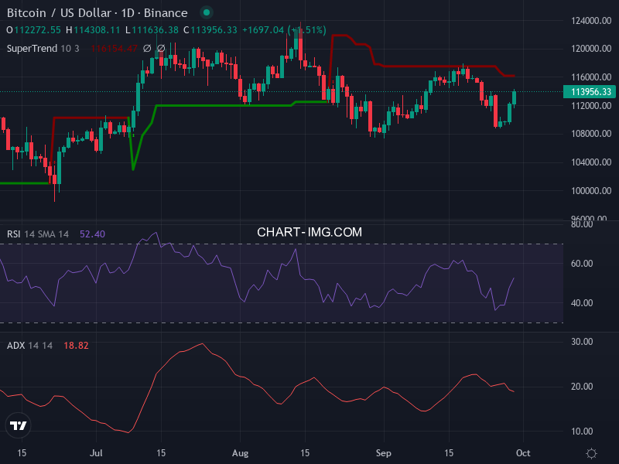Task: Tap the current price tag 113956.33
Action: (591, 91)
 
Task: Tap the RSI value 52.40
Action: (92, 234)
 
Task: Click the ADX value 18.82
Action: (76, 345)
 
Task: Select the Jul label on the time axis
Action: (97, 452)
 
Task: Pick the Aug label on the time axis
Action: (241, 452)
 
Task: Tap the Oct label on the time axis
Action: (522, 452)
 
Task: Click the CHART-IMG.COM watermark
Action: (309, 231)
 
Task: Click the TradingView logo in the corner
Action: (19, 425)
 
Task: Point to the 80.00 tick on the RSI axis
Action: (582, 224)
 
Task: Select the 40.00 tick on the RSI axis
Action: (582, 303)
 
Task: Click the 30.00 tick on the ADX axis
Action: (582, 341)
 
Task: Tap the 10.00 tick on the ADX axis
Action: (582, 431)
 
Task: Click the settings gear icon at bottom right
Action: (592, 453)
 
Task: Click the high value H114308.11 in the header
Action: (93, 29)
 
